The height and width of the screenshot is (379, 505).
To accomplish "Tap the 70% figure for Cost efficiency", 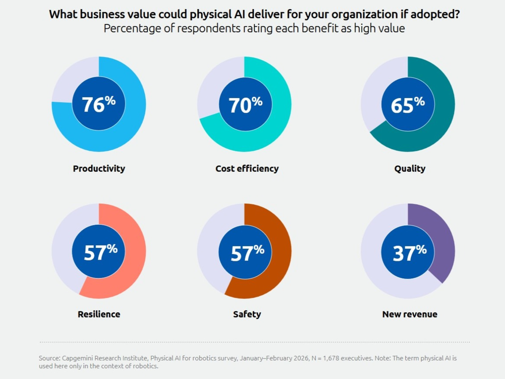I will click(245, 104).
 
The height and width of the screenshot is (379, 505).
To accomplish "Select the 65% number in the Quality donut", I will click(407, 104).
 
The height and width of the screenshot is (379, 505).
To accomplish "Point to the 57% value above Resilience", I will click(100, 252).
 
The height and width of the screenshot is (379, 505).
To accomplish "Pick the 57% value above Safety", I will click(247, 252).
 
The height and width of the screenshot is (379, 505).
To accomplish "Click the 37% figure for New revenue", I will click(409, 252).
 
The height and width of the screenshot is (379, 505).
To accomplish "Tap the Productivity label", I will click(99, 168).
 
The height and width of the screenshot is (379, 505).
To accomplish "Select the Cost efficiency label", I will click(247, 168).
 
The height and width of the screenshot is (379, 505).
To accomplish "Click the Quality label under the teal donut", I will click(409, 168).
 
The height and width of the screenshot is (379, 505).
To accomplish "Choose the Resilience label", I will click(99, 314).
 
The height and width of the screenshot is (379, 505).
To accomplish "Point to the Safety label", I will click(247, 314).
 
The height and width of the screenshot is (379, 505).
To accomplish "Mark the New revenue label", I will click(409, 314).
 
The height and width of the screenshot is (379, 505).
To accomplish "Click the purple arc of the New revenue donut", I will click(444, 244).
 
